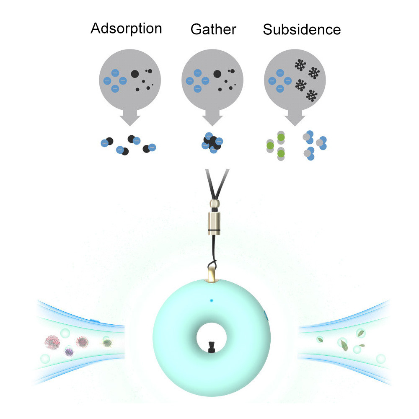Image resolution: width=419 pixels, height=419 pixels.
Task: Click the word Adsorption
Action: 126,28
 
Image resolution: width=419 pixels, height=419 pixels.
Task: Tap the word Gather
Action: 213,29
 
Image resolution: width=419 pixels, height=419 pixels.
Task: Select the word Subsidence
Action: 302,29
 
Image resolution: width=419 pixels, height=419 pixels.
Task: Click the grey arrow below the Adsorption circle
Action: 130,118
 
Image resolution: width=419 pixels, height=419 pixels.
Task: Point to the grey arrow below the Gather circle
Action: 213,118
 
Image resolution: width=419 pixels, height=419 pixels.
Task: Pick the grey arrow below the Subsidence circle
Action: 296,118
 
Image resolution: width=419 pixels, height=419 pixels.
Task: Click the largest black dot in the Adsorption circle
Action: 134,74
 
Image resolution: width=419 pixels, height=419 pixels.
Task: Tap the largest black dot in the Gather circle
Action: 217,74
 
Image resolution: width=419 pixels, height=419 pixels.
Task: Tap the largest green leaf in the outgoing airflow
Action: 344,345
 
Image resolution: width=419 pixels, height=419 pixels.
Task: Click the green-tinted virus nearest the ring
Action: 107,343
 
